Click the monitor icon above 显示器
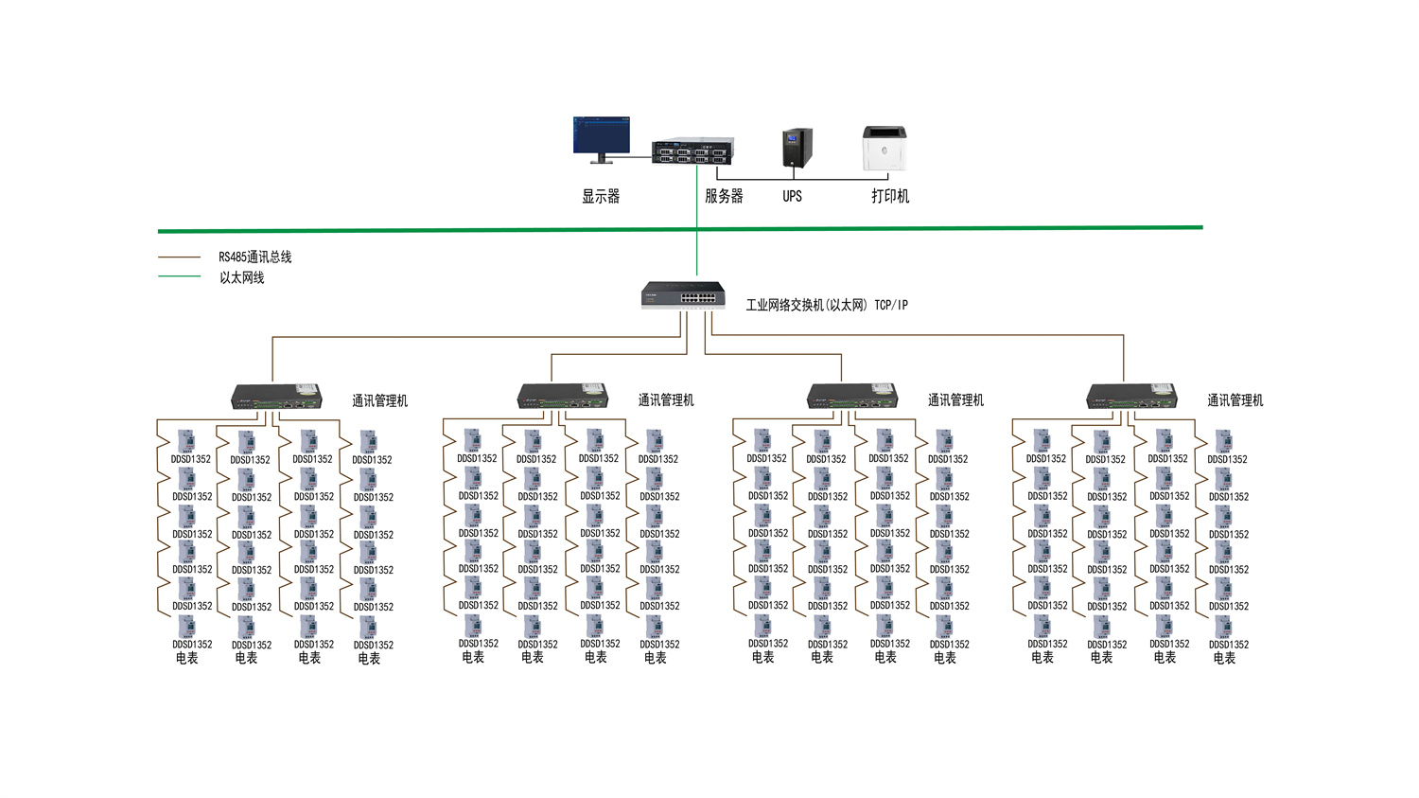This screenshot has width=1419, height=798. tap(601, 138)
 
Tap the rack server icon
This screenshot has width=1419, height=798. tap(692, 151)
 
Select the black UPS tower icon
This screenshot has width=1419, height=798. tap(797, 149)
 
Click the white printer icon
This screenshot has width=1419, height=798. tap(885, 149)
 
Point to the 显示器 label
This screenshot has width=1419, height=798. tap(601, 196)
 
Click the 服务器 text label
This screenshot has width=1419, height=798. tap(724, 196)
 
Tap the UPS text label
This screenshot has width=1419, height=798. tap(792, 196)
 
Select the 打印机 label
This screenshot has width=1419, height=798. tap(890, 196)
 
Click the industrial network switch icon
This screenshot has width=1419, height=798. tap(683, 295)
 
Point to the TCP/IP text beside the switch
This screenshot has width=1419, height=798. tap(891, 305)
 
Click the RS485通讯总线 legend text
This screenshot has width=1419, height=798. tap(255, 257)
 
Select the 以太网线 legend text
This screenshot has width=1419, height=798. tap(242, 277)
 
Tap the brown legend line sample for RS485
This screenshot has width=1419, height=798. tap(179, 257)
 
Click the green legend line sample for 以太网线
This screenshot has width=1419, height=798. tap(179, 276)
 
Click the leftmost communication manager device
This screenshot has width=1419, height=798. tap(277, 397)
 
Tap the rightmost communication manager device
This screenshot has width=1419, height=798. tap(1131, 396)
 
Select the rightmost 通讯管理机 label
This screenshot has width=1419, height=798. tap(1235, 400)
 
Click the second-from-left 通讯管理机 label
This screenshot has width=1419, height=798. tap(666, 400)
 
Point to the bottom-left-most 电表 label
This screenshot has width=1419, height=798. tap(187, 658)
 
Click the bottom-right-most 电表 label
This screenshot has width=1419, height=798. tap(1224, 658)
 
